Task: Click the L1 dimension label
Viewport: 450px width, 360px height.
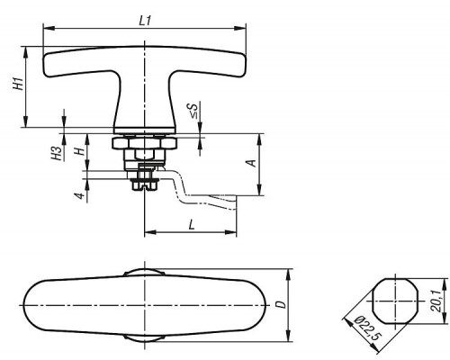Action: pos(145,21)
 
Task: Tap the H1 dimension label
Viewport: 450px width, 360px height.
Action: pos(18,84)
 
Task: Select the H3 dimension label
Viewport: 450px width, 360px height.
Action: pos(57,153)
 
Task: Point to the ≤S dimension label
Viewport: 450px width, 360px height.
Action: pos(193,110)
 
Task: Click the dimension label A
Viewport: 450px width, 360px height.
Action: pos(251,163)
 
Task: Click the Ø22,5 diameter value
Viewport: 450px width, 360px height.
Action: pos(367,328)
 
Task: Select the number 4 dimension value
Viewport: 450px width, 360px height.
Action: pos(79,195)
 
